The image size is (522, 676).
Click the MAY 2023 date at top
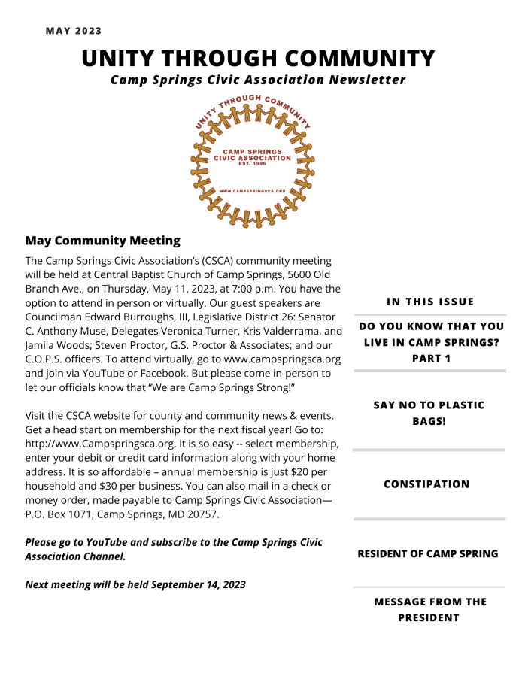tap(74, 31)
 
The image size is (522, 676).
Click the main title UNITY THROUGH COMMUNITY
tap(258, 59)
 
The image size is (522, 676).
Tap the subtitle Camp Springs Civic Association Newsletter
tap(258, 80)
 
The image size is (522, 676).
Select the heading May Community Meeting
tap(103, 241)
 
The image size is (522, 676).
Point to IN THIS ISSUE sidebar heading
tap(430, 302)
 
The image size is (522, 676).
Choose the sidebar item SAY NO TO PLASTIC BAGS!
tap(429, 413)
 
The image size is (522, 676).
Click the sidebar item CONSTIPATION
tap(426, 484)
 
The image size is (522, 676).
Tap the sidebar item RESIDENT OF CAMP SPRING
tap(427, 553)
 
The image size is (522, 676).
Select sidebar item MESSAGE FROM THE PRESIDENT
tap(429, 609)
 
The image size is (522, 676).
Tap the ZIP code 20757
tap(203, 514)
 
